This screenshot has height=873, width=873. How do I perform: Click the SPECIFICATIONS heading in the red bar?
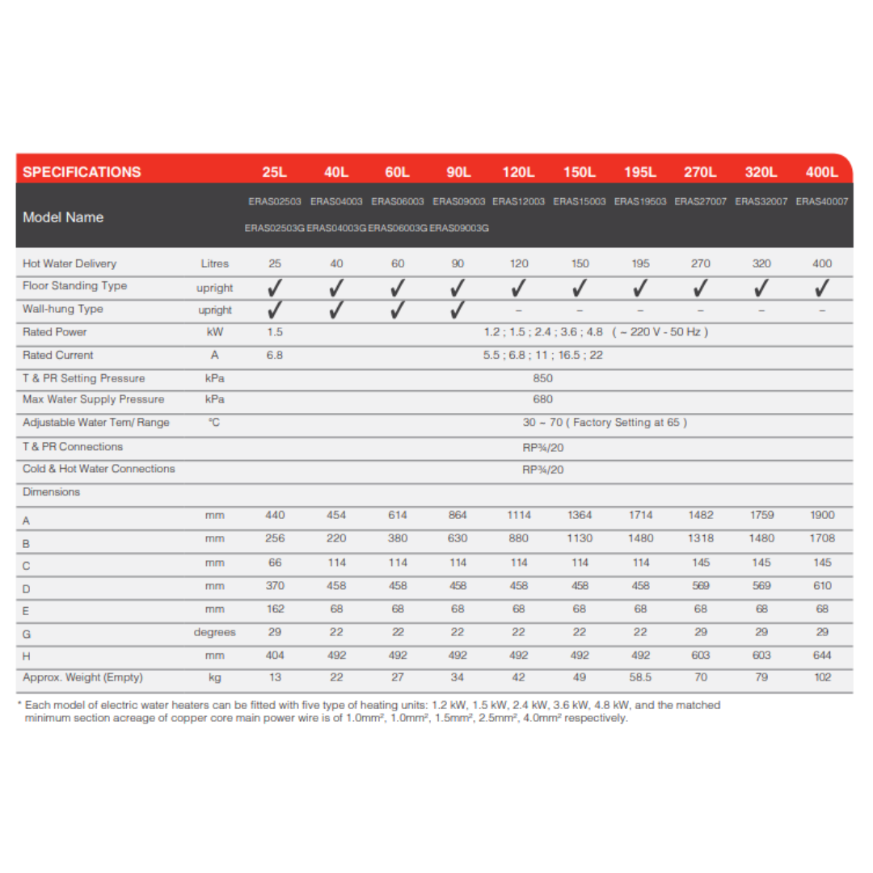82,172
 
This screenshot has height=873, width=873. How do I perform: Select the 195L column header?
640,172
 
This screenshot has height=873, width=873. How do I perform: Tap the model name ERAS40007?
821,201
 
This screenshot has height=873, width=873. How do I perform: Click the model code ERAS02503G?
275,229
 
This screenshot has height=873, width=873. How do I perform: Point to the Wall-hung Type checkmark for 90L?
458,310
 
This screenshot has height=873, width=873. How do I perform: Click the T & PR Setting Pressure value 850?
543,378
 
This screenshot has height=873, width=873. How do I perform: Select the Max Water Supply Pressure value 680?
543,399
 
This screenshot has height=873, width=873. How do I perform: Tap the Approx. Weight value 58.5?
640,678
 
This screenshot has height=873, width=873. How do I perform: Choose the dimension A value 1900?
822,515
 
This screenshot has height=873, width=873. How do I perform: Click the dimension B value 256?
275,538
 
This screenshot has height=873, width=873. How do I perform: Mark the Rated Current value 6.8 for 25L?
275,356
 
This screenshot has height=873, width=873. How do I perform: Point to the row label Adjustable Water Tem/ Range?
96,423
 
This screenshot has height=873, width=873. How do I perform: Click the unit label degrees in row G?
215,633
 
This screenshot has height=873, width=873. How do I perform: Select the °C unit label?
214,423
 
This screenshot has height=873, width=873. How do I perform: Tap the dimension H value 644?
822,656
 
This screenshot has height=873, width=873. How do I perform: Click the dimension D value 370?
275,586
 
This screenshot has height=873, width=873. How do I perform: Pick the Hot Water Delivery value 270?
701,264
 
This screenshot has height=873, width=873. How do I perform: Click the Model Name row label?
63,217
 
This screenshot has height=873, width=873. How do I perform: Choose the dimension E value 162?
275,609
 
